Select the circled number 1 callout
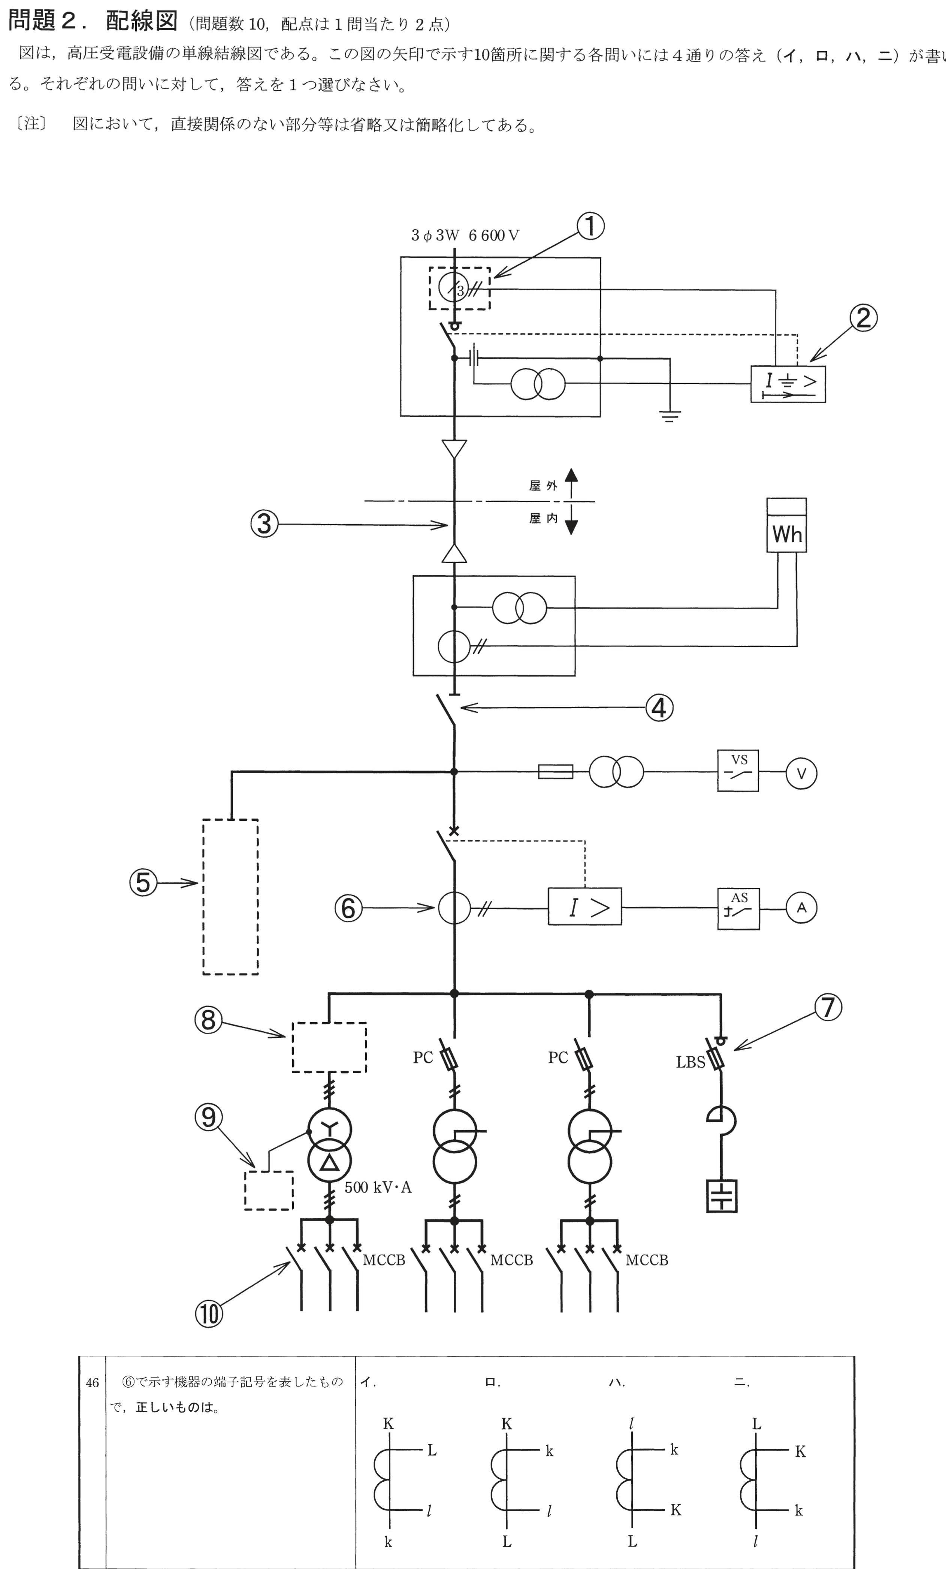(590, 226)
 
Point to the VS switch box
(738, 770)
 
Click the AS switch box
(738, 909)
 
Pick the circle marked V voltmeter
(801, 773)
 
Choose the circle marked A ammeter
(801, 908)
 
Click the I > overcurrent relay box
(584, 906)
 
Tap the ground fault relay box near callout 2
(788, 384)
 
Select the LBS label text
(691, 1062)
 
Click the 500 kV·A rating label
(378, 1187)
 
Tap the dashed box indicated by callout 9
(269, 1190)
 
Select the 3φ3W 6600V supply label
(465, 236)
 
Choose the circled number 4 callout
(659, 707)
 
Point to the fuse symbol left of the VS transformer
(556, 772)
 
